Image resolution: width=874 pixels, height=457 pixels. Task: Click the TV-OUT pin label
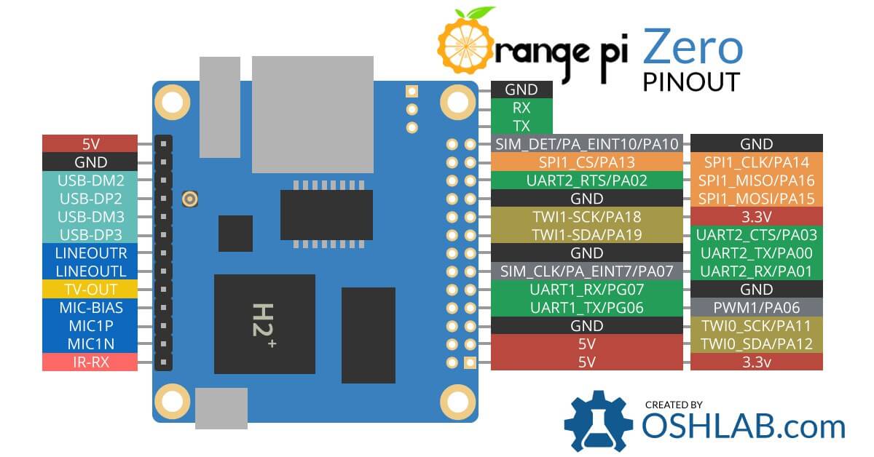pos(90,289)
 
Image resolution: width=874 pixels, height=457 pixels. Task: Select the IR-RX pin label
pos(90,362)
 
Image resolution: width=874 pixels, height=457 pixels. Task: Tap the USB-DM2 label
pos(90,180)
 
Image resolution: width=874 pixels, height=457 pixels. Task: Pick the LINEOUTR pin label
pos(90,253)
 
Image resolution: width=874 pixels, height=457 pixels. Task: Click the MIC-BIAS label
pos(90,307)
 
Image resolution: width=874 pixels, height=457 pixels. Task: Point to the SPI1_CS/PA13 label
pos(586,162)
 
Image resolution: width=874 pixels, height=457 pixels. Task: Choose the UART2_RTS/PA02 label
pos(586,180)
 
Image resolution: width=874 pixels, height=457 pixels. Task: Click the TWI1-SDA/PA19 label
pos(586,234)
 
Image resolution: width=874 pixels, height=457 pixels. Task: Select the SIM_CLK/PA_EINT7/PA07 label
pos(586,271)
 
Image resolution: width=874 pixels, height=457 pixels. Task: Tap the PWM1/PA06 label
pos(756,307)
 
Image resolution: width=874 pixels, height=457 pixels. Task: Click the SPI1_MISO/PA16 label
pos(756,180)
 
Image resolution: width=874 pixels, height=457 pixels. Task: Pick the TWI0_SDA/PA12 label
pos(756,343)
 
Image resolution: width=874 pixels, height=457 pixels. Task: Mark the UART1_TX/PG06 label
pos(586,307)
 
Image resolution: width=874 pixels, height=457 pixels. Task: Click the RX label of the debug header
pos(521,108)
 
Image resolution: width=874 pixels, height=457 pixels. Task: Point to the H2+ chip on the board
pos(264,324)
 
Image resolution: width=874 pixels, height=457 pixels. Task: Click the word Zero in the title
pos(692,47)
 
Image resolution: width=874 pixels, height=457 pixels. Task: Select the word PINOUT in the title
pos(691,82)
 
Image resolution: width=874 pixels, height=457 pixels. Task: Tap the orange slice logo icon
pos(464,45)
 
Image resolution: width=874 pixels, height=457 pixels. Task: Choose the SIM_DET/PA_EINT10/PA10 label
pos(586,144)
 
